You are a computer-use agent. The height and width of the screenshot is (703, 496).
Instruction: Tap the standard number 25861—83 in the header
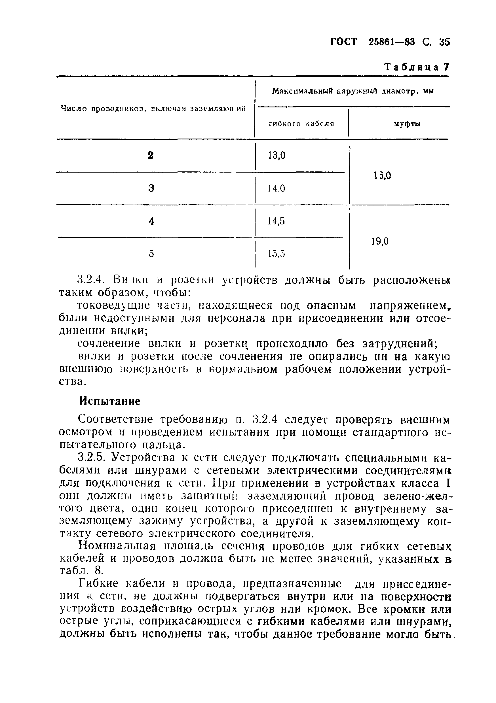392,42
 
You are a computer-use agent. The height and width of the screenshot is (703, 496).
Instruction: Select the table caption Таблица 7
417,67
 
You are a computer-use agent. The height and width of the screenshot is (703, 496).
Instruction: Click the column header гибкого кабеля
301,124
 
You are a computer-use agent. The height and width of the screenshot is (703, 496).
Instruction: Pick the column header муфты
407,124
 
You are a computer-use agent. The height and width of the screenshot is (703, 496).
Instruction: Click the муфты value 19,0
380,242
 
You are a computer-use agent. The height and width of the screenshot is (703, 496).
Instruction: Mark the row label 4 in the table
151,221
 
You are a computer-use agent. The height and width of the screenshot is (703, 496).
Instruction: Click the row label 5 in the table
151,254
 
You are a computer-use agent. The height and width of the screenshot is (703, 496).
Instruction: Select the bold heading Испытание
110,401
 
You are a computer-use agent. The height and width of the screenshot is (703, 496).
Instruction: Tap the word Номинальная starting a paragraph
117,546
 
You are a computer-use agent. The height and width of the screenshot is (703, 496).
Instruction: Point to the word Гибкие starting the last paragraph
98,584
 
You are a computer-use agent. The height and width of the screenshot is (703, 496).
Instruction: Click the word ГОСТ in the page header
344,42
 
